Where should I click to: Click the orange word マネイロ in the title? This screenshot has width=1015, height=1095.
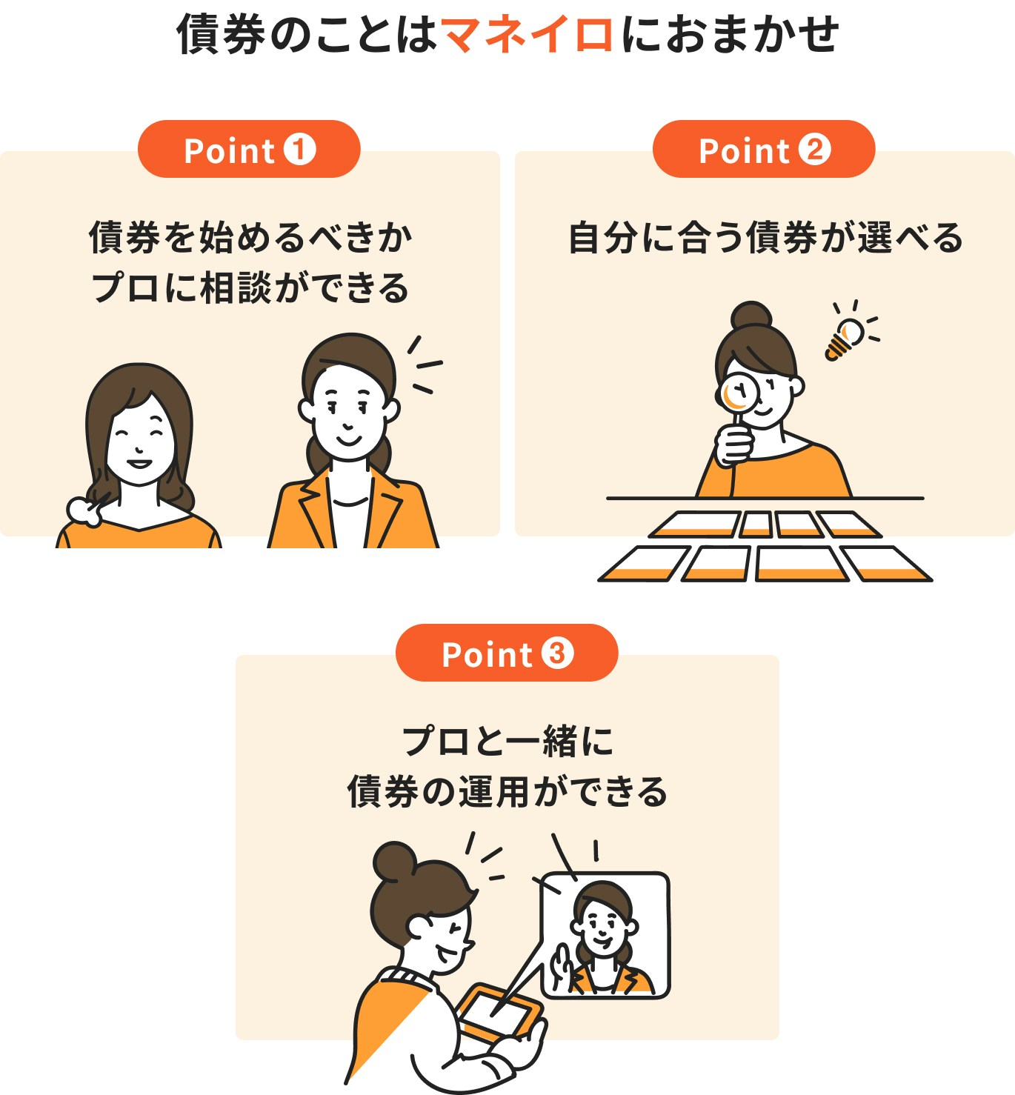527,35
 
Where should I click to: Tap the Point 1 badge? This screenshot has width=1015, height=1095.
249,150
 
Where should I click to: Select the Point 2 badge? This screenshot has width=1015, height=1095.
763,150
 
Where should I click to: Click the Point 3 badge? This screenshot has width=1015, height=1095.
507,653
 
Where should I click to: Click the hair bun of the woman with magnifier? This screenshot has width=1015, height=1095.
751,316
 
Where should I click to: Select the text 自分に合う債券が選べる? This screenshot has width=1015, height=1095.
765,238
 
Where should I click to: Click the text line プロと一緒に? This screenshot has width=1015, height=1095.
507,741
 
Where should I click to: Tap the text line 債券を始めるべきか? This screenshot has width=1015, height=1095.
250,238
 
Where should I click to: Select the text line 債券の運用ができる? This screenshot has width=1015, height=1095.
507,791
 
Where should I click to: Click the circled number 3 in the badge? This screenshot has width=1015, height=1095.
557,653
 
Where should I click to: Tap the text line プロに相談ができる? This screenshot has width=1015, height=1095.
250,288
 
